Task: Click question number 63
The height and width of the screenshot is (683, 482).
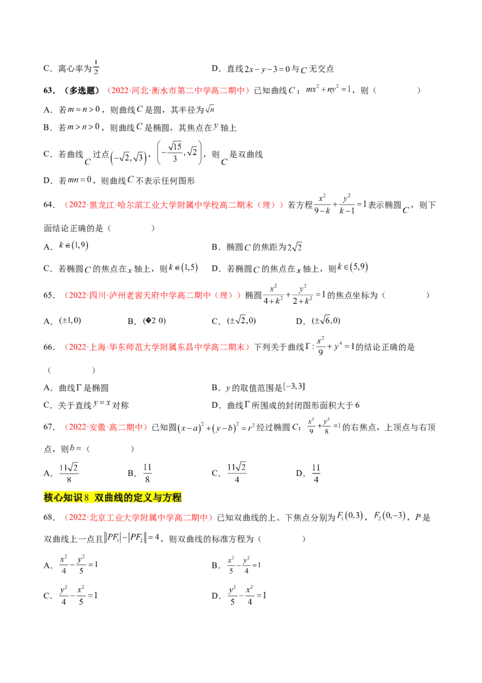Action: [49, 91]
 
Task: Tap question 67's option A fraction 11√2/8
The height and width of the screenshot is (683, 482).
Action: [69, 473]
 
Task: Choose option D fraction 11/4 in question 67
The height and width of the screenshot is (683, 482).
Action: [316, 473]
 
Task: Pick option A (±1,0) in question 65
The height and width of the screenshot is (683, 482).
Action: [70, 320]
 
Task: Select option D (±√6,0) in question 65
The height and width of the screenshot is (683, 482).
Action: [326, 320]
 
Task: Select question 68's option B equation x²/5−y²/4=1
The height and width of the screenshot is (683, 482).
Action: [243, 565]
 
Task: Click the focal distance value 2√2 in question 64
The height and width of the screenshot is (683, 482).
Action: [295, 247]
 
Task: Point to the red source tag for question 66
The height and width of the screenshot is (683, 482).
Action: [157, 347]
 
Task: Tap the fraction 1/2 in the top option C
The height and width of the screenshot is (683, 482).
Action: [96, 67]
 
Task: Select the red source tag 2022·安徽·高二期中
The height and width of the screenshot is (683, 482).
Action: [105, 427]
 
